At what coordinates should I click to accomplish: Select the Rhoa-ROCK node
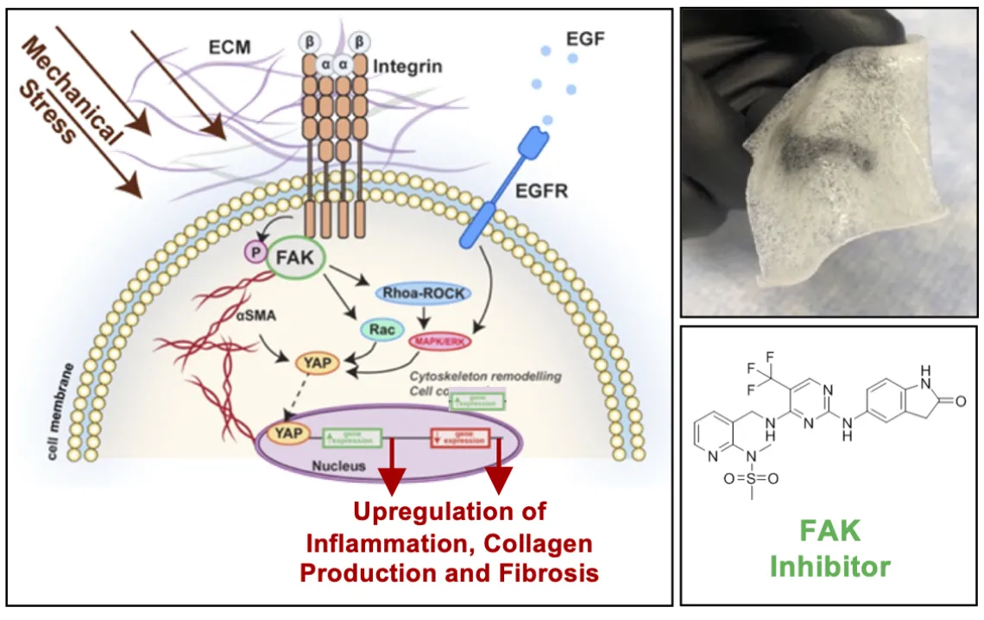[x=424, y=294]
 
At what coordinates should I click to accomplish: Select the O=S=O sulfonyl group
[x=751, y=477]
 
